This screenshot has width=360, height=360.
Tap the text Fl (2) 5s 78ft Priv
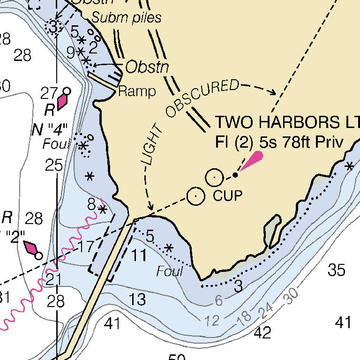point(279,142)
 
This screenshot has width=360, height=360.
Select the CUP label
point(228,195)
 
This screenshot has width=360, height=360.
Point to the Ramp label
point(137,91)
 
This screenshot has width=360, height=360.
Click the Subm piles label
point(126,18)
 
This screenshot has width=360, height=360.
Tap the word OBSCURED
point(202,98)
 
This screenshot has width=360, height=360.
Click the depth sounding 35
point(337,270)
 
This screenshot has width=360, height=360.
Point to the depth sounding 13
point(137,300)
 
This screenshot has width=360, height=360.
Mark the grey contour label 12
point(212,321)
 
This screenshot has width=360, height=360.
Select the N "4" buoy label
point(50,129)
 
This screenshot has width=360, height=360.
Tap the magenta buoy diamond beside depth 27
point(62,102)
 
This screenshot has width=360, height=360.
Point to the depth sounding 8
point(91,204)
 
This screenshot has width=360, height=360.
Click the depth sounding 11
point(138,256)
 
